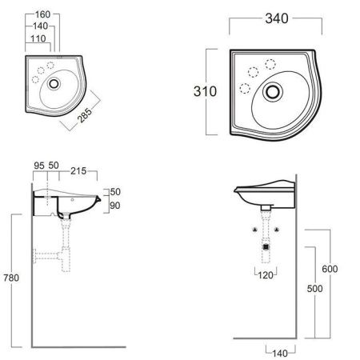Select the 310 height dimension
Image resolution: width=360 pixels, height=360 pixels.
tap(206, 92)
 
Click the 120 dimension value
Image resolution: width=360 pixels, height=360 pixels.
tap(266, 275)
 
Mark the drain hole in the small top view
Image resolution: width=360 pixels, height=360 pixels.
tap(54, 82)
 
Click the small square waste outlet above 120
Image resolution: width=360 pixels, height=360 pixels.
tap(266, 249)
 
